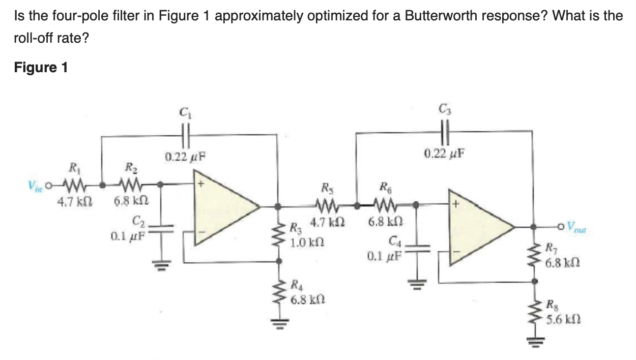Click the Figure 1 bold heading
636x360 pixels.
(41, 68)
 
